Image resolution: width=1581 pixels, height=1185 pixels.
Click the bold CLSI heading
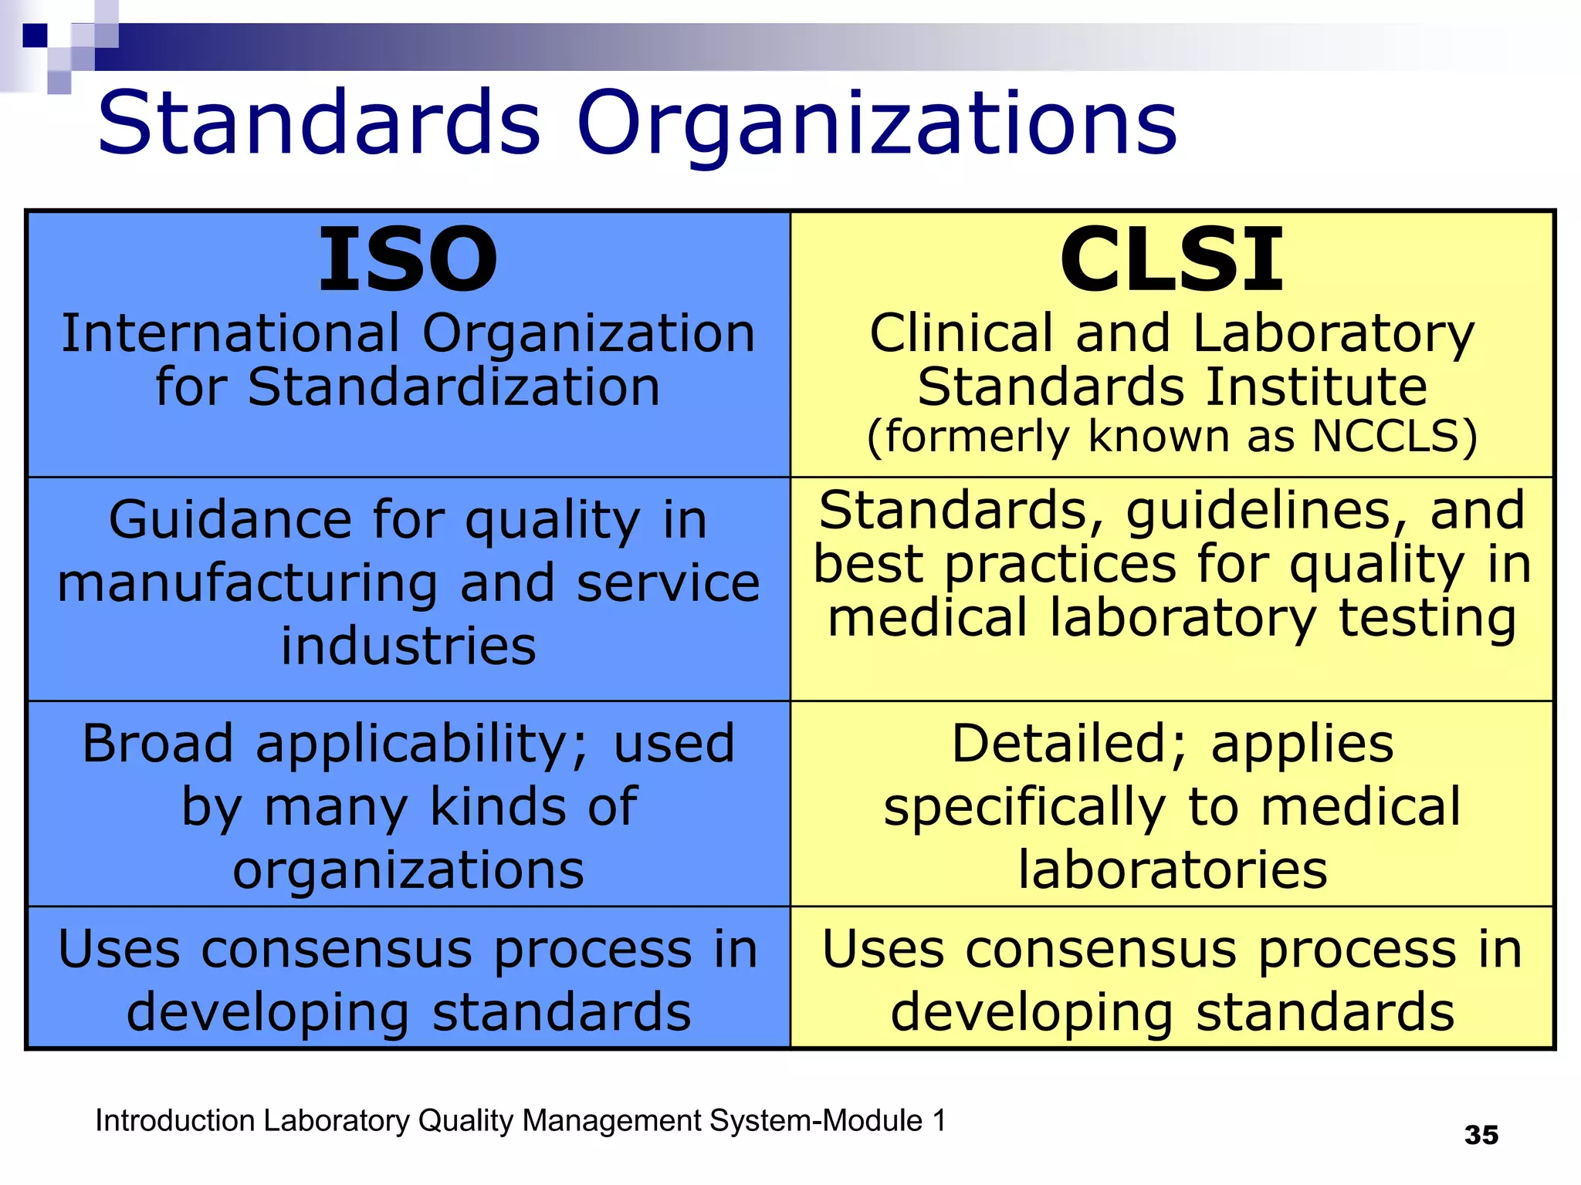(x=1171, y=260)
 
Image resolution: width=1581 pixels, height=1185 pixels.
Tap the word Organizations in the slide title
(x=876, y=123)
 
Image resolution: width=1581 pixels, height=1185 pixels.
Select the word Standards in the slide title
(x=319, y=123)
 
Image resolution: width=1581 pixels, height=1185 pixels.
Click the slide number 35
(x=1481, y=1135)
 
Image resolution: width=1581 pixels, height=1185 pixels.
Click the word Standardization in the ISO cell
(x=454, y=387)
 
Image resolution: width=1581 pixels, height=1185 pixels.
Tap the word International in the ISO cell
(x=230, y=333)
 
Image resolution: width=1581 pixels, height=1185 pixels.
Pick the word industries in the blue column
(x=408, y=646)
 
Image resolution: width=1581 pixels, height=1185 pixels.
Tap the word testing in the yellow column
(x=1427, y=619)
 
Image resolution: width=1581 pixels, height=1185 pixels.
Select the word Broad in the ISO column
(x=157, y=744)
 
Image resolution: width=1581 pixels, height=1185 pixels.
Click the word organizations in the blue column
(x=408, y=871)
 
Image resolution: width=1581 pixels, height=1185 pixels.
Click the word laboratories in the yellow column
(x=1172, y=870)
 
